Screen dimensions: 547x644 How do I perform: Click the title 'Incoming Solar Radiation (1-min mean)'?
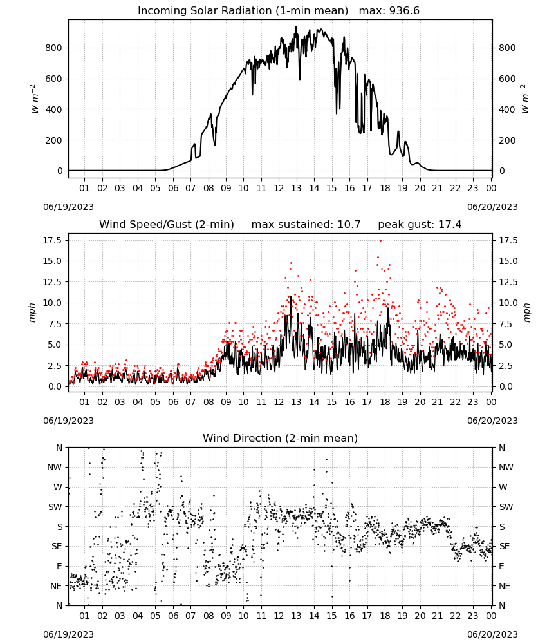[x=243, y=11]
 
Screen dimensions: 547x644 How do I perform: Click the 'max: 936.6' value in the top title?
[x=389, y=11]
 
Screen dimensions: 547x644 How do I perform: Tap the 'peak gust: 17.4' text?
[x=420, y=225]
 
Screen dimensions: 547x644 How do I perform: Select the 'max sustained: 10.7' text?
[x=306, y=225]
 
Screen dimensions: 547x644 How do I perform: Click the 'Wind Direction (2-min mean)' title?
[x=281, y=438]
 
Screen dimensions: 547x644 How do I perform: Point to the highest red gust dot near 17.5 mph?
[x=380, y=241]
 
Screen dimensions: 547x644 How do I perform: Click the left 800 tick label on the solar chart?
[x=53, y=48]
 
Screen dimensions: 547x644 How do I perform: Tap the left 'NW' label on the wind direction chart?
[x=55, y=468]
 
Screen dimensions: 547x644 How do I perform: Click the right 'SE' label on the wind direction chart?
[x=505, y=547]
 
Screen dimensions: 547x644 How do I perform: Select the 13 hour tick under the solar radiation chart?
[x=296, y=188]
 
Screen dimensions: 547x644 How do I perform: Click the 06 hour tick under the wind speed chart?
[x=172, y=402]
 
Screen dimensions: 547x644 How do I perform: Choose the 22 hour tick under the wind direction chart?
[x=455, y=616]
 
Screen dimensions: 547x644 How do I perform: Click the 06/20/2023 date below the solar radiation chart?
[x=492, y=207]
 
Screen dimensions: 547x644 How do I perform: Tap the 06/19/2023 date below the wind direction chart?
[x=68, y=634]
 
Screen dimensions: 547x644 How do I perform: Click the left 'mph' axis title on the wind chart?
[x=32, y=312]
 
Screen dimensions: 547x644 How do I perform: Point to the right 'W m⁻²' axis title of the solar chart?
[x=526, y=99]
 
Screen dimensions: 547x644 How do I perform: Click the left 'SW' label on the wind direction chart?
[x=55, y=507]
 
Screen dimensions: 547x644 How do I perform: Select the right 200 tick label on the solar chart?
[x=507, y=140]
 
